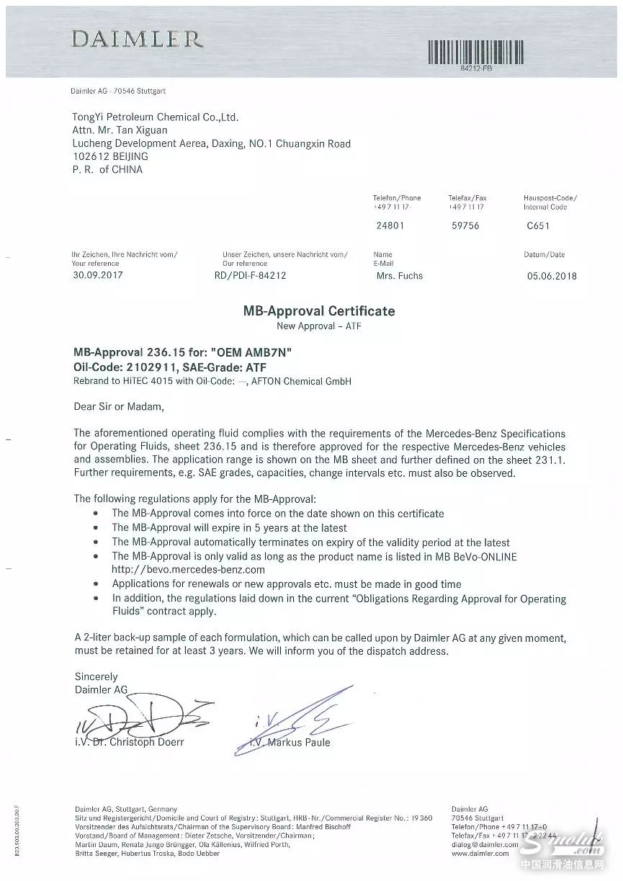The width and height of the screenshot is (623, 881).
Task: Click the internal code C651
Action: point(539,225)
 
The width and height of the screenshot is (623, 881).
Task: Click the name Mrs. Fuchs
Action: point(400,275)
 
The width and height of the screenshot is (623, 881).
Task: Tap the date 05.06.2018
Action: point(552,275)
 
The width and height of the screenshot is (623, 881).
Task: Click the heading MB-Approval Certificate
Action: point(318,311)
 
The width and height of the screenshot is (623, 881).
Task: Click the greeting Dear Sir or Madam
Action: point(119,406)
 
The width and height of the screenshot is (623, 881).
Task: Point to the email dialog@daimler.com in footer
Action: point(481,844)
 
